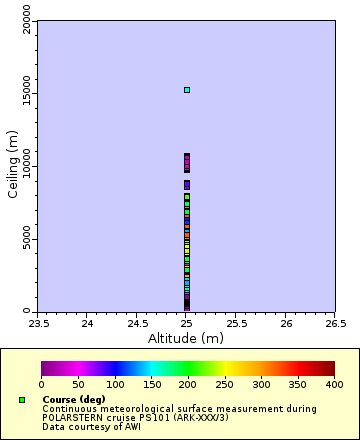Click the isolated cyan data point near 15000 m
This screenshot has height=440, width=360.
coord(186,90)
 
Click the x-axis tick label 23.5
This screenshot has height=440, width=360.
coord(37,323)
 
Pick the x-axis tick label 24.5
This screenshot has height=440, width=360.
coord(137,323)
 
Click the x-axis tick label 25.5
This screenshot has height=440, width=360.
coord(236,323)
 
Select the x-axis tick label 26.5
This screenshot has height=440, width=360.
coord(335,323)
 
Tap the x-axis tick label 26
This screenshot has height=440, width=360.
coord(286,323)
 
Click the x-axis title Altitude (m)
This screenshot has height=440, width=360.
coord(186,338)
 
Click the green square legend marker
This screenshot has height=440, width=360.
coord(22,400)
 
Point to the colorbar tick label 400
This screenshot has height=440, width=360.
coord(334,384)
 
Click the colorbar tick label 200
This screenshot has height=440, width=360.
coord(188,384)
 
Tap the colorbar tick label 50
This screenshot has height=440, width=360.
coord(78,384)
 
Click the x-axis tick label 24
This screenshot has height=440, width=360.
coord(87,323)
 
